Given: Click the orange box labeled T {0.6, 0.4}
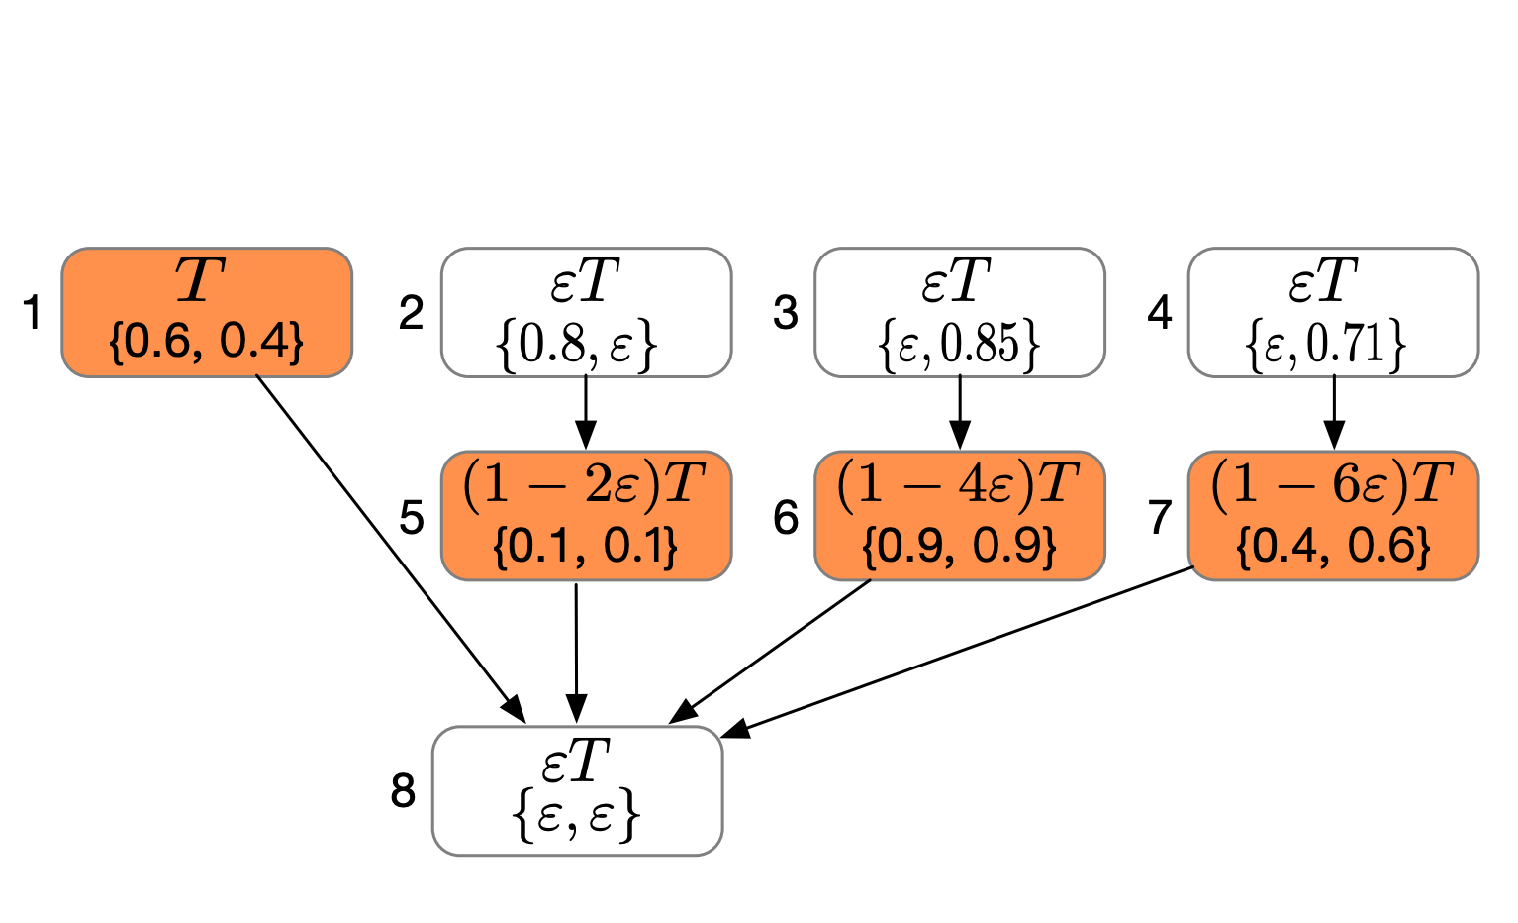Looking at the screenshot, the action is click(x=207, y=312).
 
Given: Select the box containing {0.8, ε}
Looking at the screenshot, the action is click(x=586, y=312).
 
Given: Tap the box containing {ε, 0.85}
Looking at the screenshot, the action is click(x=960, y=312).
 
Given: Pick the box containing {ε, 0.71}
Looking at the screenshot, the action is click(x=1334, y=312).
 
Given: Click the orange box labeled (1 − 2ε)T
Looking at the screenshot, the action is click(x=586, y=515).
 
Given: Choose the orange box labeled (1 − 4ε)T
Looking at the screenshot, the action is click(x=960, y=515).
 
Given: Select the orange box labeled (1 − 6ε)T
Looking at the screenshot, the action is click(x=1334, y=515).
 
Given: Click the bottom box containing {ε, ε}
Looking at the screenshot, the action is click(x=577, y=790).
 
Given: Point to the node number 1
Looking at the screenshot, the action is click(x=32, y=313).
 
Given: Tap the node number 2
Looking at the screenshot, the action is click(x=412, y=313).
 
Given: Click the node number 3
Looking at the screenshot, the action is click(x=786, y=313).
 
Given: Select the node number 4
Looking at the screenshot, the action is click(x=1160, y=313).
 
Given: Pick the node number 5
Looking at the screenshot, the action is click(x=412, y=517).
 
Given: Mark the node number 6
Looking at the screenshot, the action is click(x=786, y=517).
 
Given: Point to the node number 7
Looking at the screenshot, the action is click(x=1160, y=517).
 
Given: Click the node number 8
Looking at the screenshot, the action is click(x=403, y=790).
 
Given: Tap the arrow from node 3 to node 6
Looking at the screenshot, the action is click(x=960, y=412).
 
